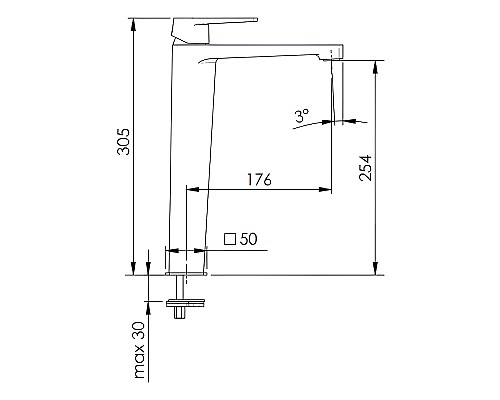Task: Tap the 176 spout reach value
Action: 259,180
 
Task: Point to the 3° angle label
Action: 302,117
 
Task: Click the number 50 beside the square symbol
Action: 249,239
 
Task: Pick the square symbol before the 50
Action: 230,239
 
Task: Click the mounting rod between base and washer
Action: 184,285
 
